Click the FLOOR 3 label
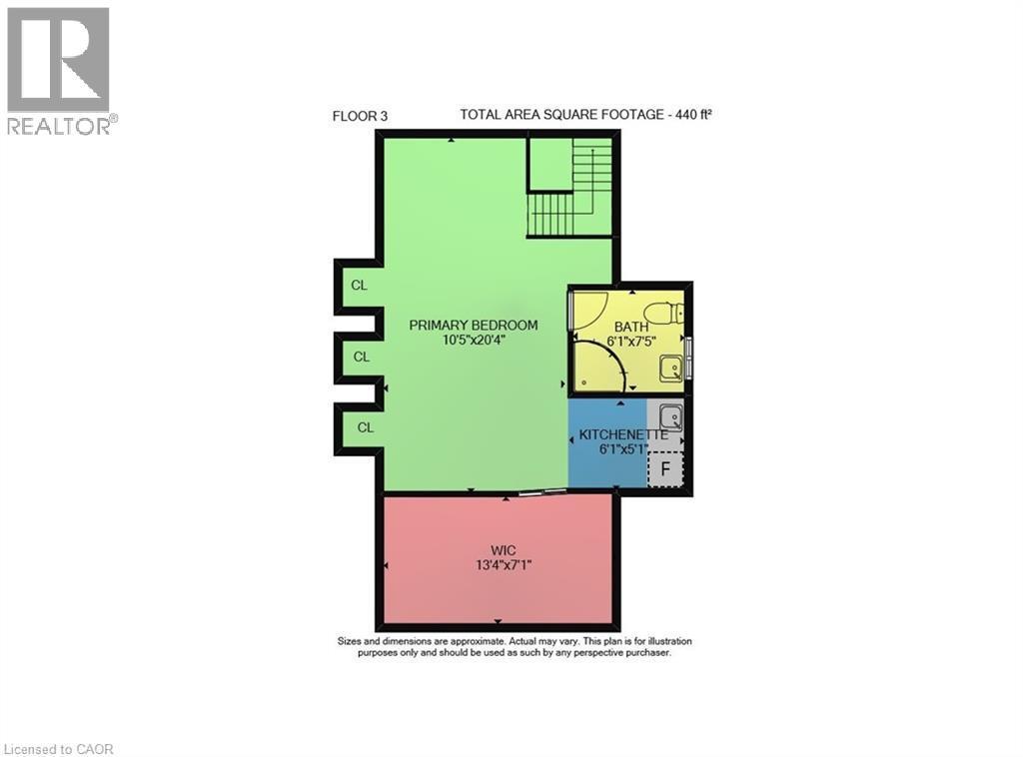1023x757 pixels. [360, 116]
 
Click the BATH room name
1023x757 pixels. [630, 327]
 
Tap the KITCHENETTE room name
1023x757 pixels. [624, 434]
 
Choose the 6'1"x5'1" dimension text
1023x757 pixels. [624, 449]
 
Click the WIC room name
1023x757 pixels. [502, 549]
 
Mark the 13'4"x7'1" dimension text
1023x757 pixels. [502, 564]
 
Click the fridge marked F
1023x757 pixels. [665, 468]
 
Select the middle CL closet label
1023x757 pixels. [362, 357]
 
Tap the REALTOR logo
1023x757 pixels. [58, 70]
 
